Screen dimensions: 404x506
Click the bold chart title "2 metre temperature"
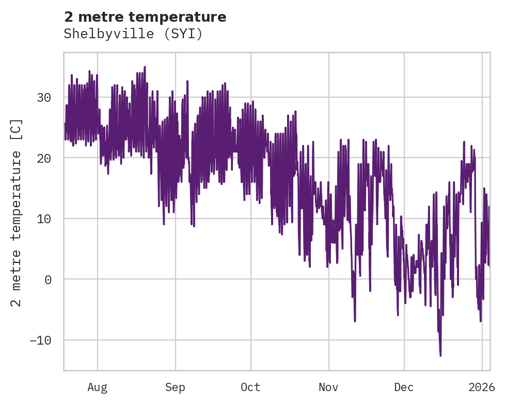click(x=145, y=17)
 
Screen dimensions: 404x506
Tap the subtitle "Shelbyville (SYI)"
click(x=133, y=34)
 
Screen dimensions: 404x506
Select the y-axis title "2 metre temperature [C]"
click(x=17, y=213)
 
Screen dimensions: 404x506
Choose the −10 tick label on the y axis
click(x=40, y=340)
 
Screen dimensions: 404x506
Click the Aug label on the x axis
click(x=97, y=386)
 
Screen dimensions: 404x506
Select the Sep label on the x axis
click(x=176, y=386)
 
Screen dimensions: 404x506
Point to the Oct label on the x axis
click(x=250, y=386)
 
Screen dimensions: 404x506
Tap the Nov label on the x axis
click(x=328, y=386)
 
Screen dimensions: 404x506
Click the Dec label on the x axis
click(x=404, y=386)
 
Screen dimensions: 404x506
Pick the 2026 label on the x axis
click(x=482, y=386)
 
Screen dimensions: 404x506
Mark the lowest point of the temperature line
click(x=440, y=355)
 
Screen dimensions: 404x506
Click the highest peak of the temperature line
click(x=145, y=67)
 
